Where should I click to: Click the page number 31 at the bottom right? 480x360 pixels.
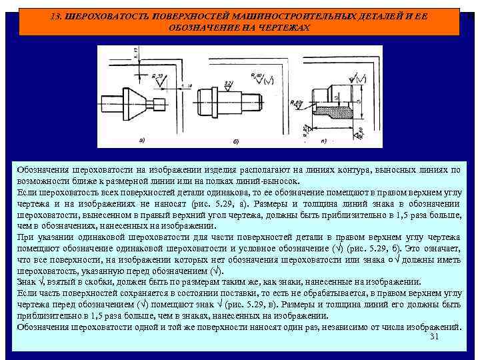[x=435, y=337]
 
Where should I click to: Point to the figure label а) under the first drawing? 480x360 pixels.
[x=141, y=141]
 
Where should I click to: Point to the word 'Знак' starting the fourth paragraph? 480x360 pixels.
[x=26, y=281]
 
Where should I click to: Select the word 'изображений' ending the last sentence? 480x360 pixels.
[x=434, y=327]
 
